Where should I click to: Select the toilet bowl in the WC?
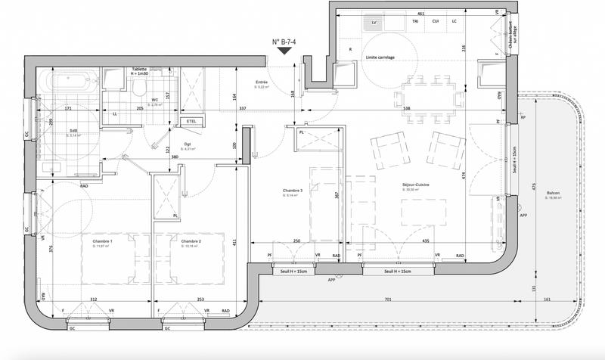(138, 90)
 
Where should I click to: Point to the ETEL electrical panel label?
(190, 120)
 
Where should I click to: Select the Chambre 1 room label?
(102, 242)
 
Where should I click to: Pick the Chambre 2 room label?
(191, 242)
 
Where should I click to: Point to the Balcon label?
(554, 193)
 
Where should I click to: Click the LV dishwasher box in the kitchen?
(374, 23)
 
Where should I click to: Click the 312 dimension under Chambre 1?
(93, 299)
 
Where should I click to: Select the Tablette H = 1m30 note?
(140, 70)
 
